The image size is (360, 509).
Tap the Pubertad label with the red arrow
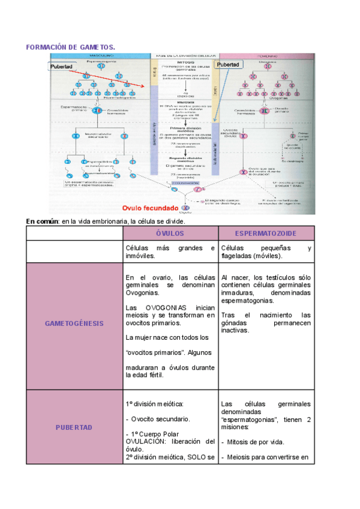(61, 67)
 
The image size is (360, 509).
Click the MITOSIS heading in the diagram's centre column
(183, 62)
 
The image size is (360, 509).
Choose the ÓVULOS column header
(170, 233)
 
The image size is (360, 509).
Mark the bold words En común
(42, 221)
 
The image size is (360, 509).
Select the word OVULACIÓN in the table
(147, 442)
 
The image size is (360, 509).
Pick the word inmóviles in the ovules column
(142, 256)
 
